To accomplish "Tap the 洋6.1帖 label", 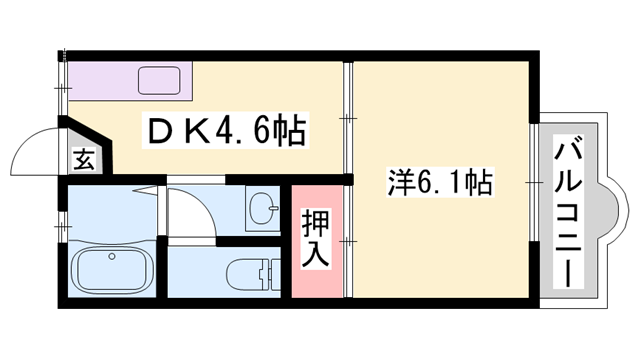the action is tap(439, 184).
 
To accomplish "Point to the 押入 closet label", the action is tap(316, 237).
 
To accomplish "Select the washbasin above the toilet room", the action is tap(266, 210).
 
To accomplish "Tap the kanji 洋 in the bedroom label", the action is tap(400, 184).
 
